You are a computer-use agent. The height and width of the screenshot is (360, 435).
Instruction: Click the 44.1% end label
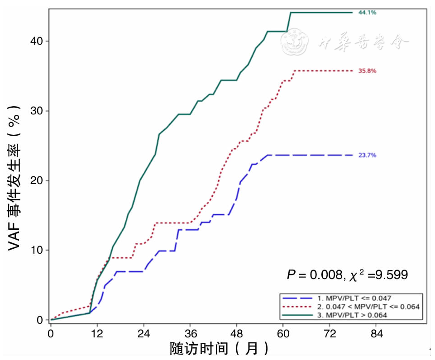coord(367,13)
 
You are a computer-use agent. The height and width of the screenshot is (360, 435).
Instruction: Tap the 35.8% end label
coord(367,71)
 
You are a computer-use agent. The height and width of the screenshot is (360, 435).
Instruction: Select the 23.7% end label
coord(367,155)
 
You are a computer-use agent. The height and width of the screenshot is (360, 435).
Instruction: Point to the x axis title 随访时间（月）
coord(219,349)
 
